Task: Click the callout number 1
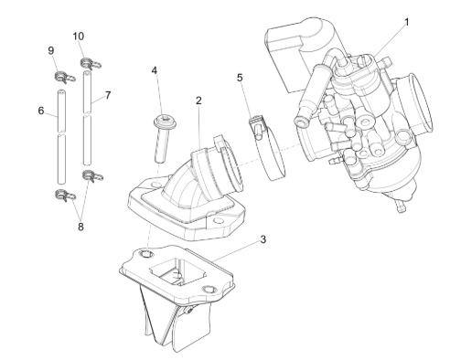tap(406, 22)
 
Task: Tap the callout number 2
tap(198, 101)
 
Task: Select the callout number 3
tap(263, 239)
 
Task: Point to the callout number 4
tap(155, 70)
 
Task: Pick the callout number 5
tap(240, 78)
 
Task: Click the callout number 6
tap(41, 111)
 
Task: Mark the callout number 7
tap(108, 96)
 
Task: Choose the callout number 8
tap(80, 227)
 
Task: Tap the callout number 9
tap(51, 50)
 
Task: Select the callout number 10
tap(79, 37)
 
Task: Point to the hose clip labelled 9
tap(64, 77)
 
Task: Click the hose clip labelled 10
tap(91, 63)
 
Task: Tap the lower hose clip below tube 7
tap(92, 175)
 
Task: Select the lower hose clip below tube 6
tap(65, 195)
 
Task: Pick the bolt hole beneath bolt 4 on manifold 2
tap(156, 185)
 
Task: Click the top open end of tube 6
tap(61, 91)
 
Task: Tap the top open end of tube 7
tap(87, 73)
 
